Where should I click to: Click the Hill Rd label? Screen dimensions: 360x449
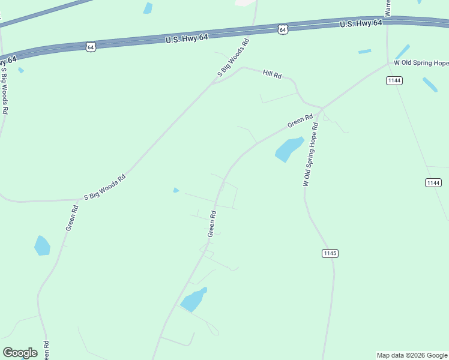point(272,74)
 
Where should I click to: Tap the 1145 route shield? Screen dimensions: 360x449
point(330,253)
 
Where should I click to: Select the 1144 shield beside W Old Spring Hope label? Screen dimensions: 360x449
point(394,80)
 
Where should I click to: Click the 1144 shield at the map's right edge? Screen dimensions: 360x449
point(433,182)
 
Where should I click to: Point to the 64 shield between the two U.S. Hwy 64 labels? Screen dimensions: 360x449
point(283,29)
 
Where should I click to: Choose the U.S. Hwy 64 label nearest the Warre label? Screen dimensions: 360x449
point(361,23)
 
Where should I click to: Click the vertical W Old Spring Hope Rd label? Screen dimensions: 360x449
point(310,155)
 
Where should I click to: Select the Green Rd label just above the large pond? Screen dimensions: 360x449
point(300,121)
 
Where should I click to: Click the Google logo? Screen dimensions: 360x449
point(20,353)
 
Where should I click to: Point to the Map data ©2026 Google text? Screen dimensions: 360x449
point(412,355)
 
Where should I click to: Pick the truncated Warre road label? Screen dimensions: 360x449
point(388,8)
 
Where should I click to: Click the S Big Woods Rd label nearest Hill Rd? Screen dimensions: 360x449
point(233,58)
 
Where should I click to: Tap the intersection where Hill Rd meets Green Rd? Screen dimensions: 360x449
point(322,109)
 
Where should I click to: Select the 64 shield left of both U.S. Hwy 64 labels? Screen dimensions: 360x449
point(91,46)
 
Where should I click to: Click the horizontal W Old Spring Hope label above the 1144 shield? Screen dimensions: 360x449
point(421,63)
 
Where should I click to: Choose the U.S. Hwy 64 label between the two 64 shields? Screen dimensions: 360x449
point(187,38)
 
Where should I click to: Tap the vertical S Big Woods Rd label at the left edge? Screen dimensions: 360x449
point(4,90)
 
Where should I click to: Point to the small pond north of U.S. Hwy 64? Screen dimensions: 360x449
point(148,8)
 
